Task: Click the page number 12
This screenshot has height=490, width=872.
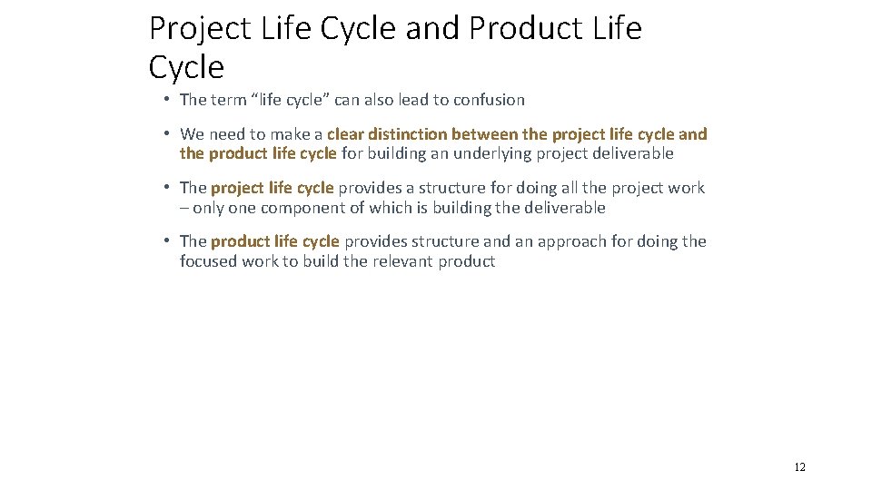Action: pyautogui.click(x=799, y=468)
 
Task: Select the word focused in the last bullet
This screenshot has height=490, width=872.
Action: pyautogui.click(x=208, y=261)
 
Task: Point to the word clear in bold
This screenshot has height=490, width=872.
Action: pyautogui.click(x=346, y=134)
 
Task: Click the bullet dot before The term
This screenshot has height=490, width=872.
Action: pyautogui.click(x=167, y=100)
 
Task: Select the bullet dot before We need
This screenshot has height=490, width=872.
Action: pyautogui.click(x=167, y=134)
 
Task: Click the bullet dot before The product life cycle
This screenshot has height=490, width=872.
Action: pyautogui.click(x=167, y=241)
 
